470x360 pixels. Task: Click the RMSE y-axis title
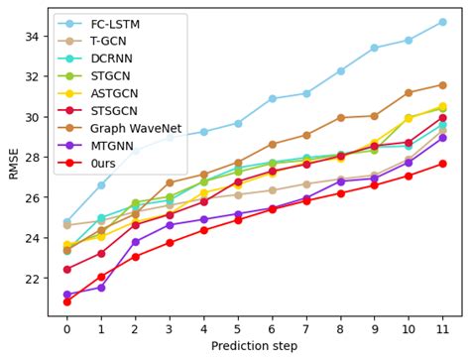coord(13,164)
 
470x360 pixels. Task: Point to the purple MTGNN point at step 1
coord(101,288)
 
